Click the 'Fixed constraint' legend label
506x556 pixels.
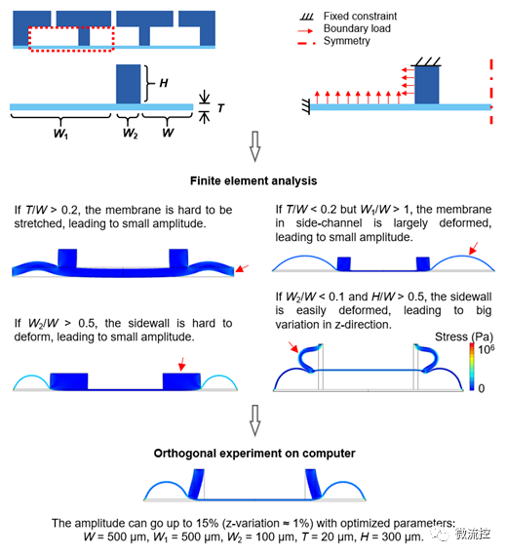[360, 16]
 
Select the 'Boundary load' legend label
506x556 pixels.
[357, 28]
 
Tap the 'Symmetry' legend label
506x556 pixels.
[346, 41]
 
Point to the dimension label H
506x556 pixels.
[164, 83]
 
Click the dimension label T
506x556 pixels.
[220, 108]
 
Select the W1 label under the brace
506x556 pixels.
[60, 134]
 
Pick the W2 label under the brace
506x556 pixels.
[130, 134]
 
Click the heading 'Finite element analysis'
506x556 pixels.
[253, 180]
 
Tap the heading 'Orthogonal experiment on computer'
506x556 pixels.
[254, 454]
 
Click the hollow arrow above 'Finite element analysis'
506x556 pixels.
[254, 146]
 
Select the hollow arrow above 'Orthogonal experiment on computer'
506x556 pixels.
[254, 420]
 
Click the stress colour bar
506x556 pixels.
[472, 367]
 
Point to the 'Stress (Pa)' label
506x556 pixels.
[464, 337]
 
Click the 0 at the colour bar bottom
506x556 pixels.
[482, 388]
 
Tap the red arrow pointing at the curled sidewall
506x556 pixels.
[293, 347]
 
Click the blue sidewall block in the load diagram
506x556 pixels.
[427, 85]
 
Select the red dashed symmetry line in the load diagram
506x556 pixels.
[491, 93]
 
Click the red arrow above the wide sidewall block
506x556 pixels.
[182, 364]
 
